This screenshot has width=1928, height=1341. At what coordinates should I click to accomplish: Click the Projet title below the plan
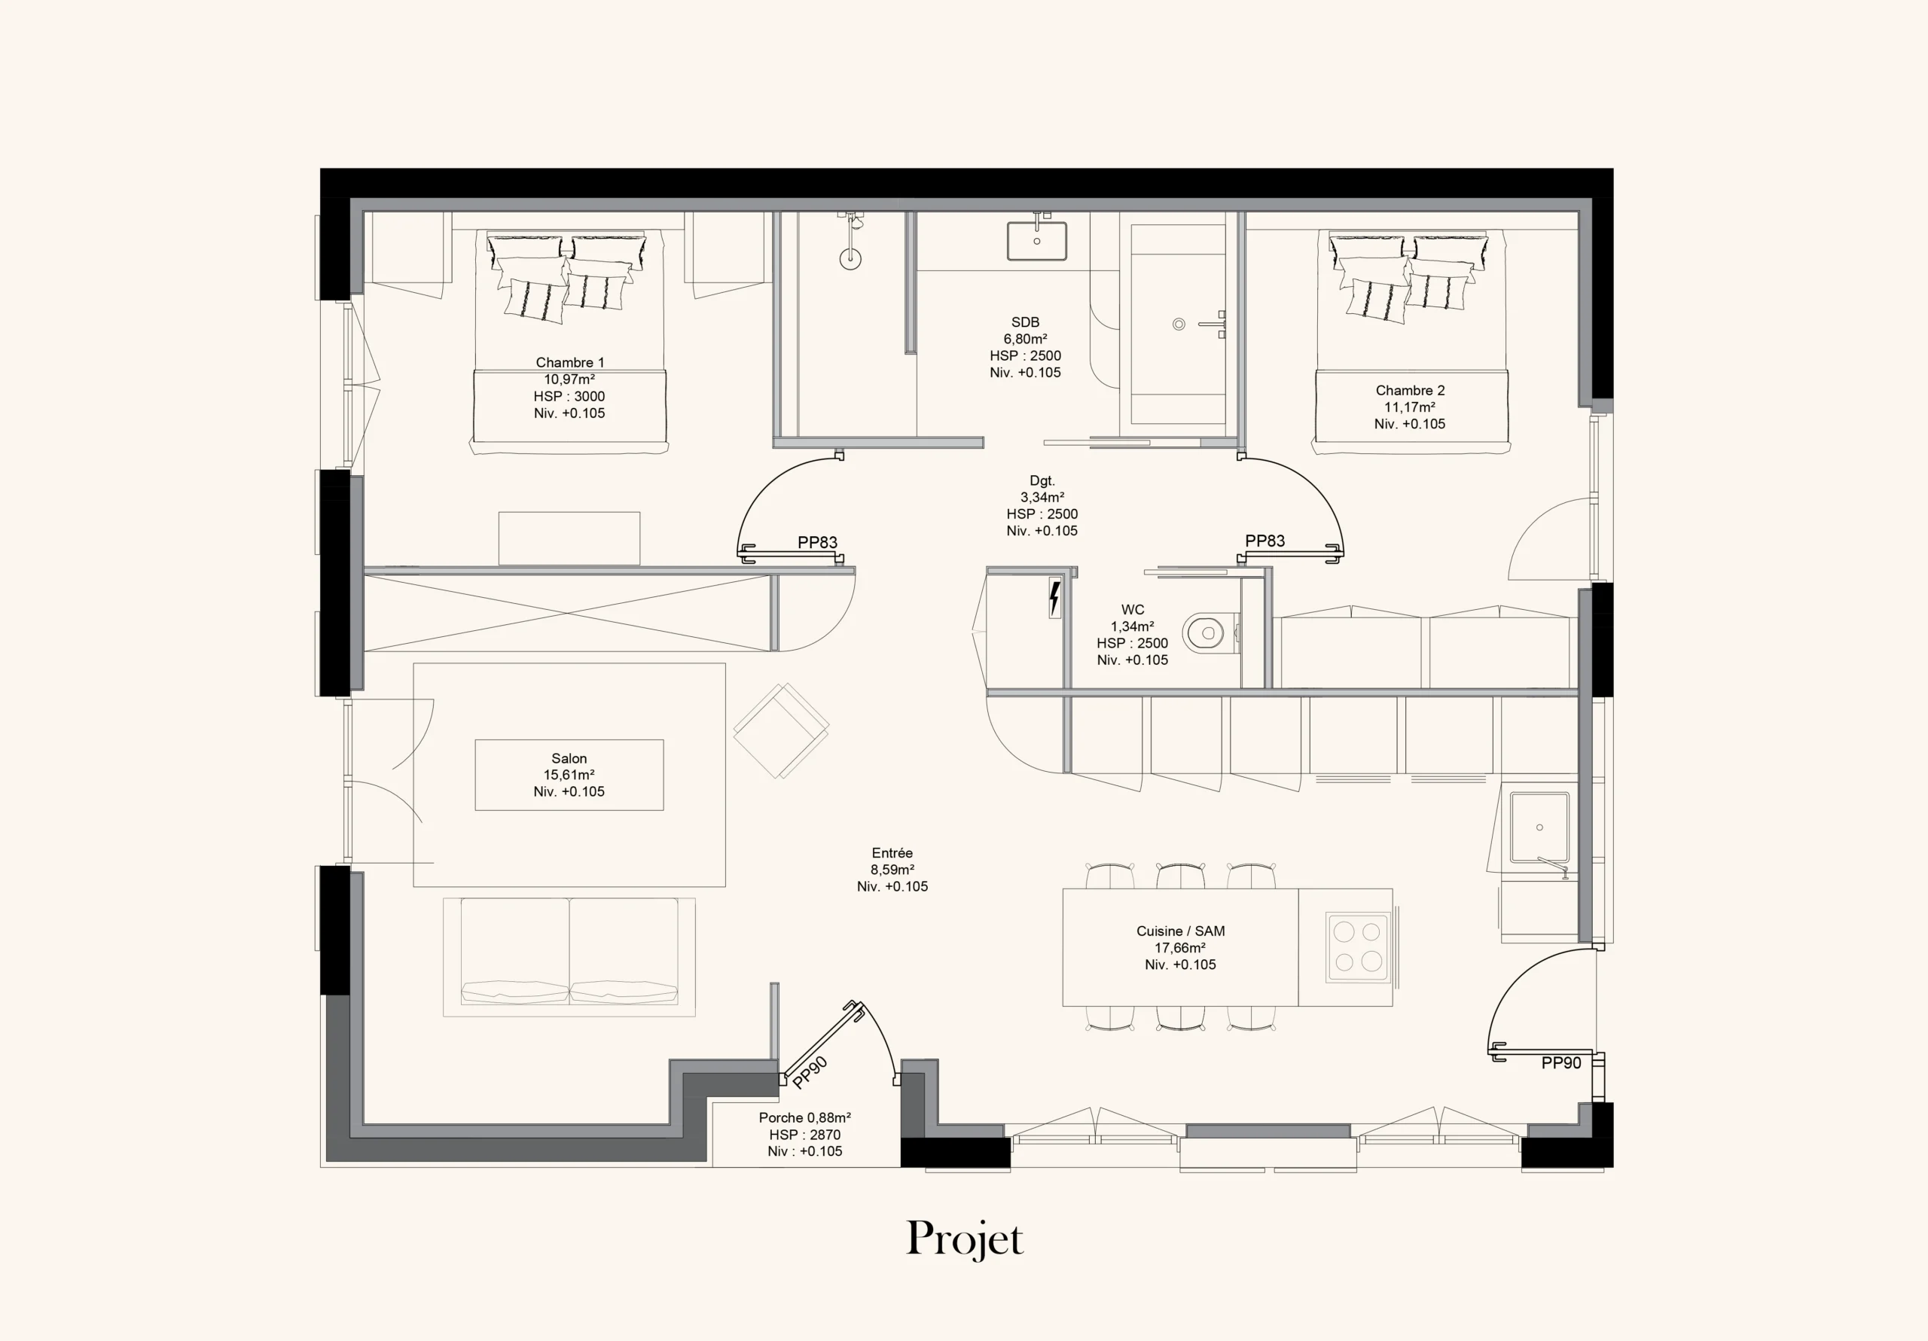point(965,1239)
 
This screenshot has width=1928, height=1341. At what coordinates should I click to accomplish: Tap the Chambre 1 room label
point(569,363)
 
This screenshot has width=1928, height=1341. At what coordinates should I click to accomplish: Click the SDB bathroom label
point(1025,322)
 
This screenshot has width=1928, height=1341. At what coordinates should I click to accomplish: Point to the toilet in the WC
point(1210,633)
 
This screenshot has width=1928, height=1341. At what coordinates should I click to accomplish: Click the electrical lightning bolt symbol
point(1054,598)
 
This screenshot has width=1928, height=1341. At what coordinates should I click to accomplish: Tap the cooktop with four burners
point(1358,947)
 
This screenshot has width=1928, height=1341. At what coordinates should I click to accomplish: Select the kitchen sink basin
point(1539,828)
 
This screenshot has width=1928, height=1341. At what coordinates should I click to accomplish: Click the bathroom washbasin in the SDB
point(1037,241)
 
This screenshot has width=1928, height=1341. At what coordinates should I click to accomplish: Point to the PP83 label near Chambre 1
point(817,542)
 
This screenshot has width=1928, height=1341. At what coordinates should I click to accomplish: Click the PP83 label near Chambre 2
point(1264,541)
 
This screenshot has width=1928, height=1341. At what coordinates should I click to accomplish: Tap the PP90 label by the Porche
point(810,1072)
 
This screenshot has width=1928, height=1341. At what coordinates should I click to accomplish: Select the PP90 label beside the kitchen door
point(1561,1063)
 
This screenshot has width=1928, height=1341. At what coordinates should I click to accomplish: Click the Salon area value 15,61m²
point(569,775)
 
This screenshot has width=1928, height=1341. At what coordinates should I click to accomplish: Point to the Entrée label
point(892,853)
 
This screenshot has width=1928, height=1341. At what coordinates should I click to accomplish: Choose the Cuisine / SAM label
point(1180,931)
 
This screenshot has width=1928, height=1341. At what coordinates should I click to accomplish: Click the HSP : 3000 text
point(569,396)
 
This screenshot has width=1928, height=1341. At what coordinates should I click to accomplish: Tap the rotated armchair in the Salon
point(781,730)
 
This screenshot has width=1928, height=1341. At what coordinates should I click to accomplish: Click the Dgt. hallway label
point(1042,481)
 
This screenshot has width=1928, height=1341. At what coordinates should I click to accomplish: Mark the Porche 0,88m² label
point(804,1117)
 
